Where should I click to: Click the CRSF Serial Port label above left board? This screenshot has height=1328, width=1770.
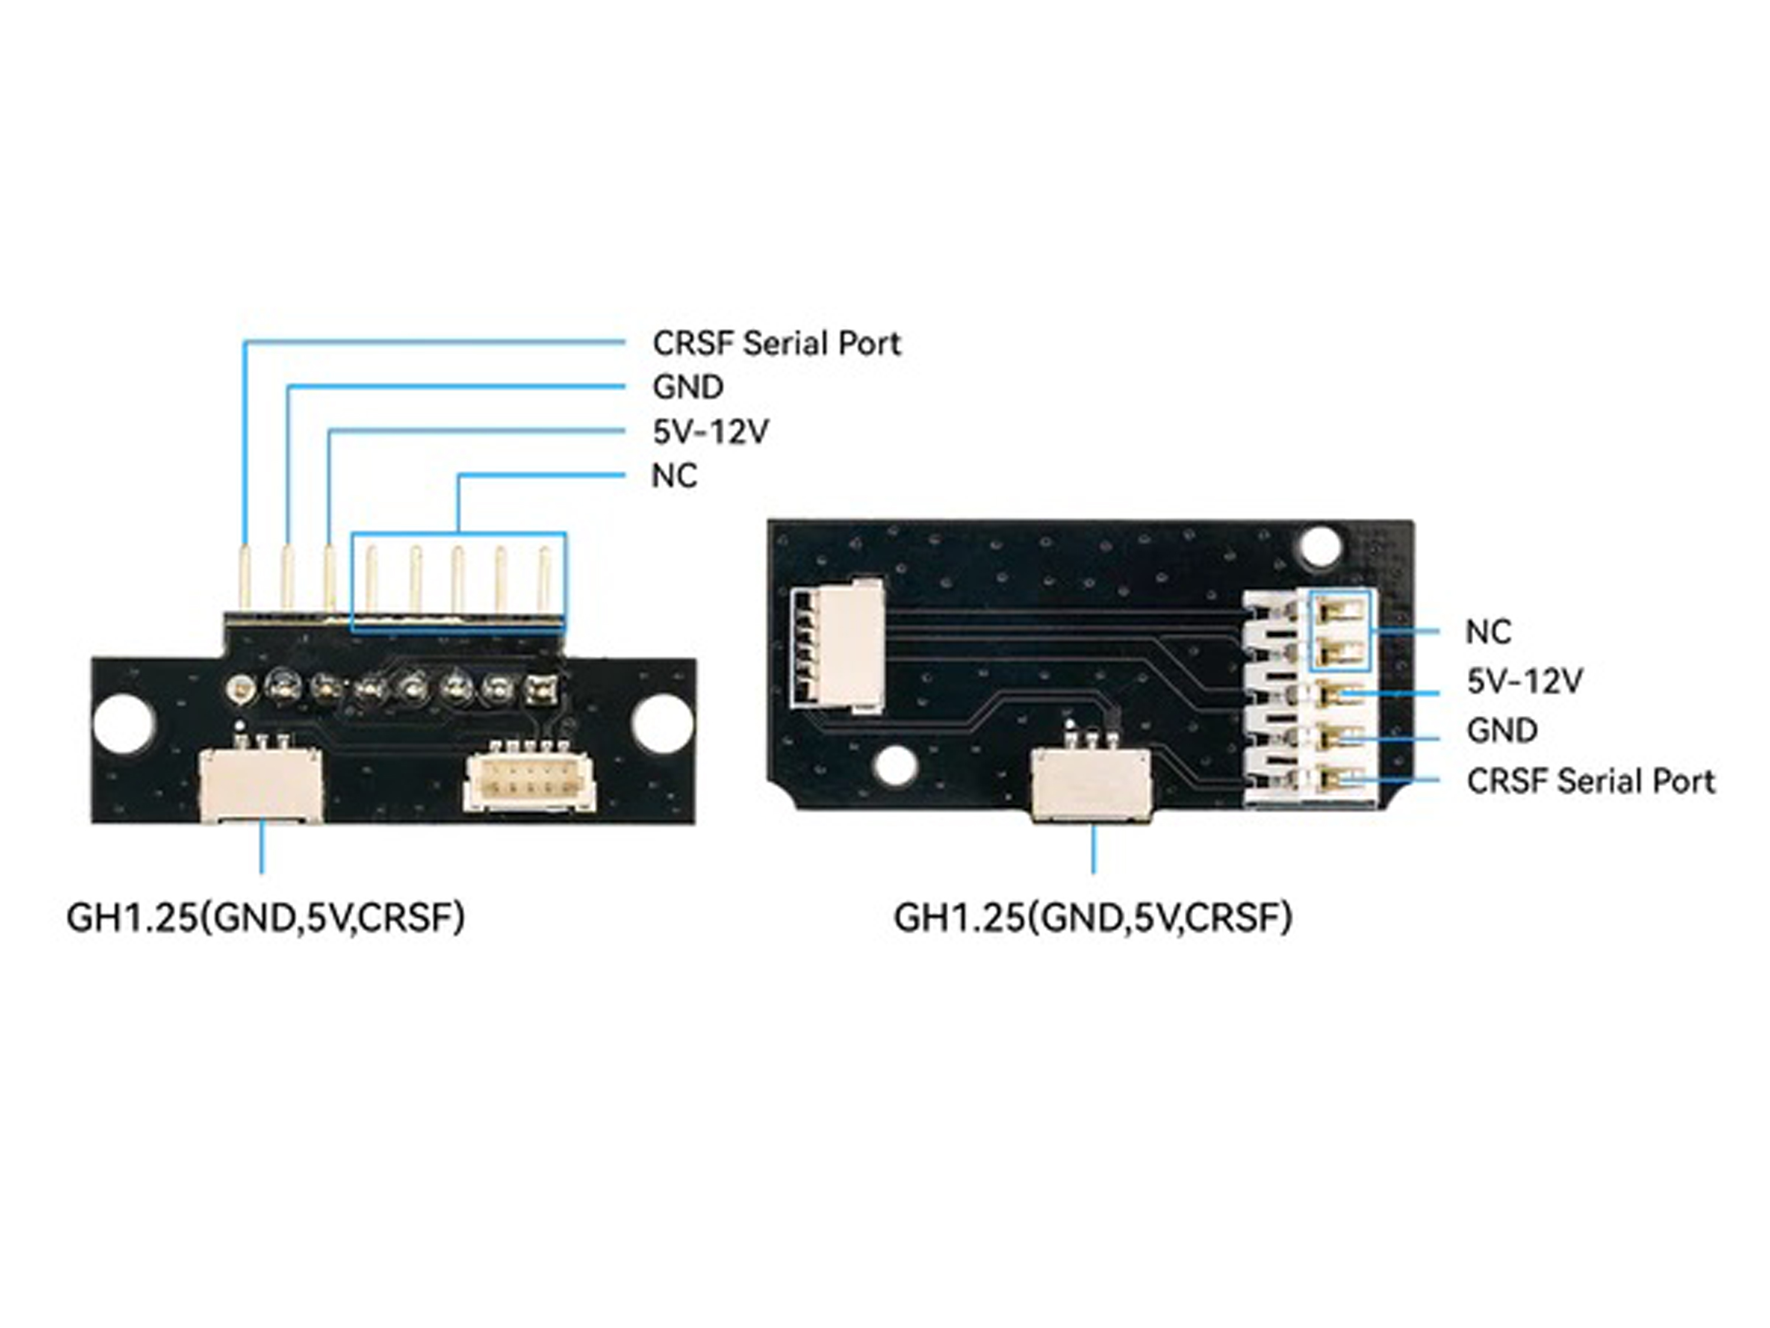(x=776, y=344)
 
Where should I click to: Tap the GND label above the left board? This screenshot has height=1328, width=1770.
(x=687, y=387)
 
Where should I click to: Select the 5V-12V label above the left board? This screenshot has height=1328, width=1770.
(x=710, y=432)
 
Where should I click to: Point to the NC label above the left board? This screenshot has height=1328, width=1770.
(x=674, y=476)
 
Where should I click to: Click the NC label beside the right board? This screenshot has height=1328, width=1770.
(x=1487, y=632)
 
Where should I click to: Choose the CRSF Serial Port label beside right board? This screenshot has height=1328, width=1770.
(x=1591, y=781)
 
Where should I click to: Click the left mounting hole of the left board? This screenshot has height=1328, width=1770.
(x=123, y=723)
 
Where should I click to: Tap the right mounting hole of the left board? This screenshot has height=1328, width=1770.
(x=662, y=723)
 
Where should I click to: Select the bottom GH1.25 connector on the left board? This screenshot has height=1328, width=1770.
(x=261, y=784)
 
